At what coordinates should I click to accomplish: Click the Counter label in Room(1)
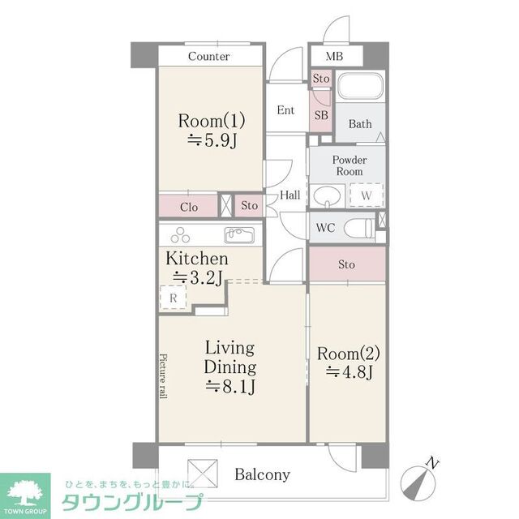pos(209,57)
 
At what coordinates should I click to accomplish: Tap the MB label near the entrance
pos(333,57)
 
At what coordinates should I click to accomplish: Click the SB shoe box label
pos(321,115)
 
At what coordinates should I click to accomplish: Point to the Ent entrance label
pos(285,110)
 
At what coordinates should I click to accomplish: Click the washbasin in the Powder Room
pos(328,197)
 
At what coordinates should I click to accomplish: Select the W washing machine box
pos(366,195)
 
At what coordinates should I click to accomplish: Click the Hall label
pos(290,195)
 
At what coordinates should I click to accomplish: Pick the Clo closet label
pos(189,207)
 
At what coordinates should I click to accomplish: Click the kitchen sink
pos(239,236)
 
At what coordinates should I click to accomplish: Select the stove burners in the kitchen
pos(179,236)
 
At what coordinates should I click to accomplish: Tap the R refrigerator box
pos(174,298)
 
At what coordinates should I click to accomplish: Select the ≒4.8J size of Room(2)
pos(348,373)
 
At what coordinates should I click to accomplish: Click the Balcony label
pos(262,474)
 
